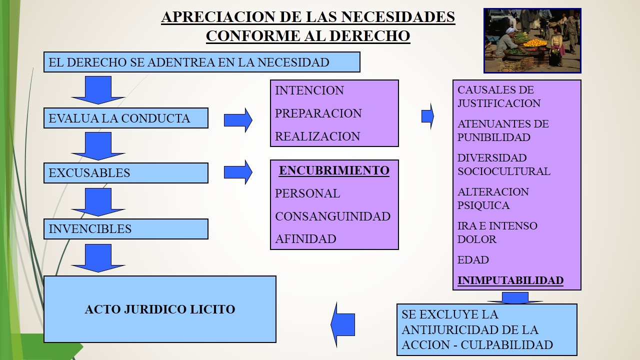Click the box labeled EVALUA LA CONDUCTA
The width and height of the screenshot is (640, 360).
pyautogui.click(x=125, y=118)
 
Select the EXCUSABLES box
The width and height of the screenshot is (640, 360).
pyautogui.click(x=125, y=173)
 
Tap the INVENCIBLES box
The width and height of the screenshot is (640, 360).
pyautogui.click(x=125, y=229)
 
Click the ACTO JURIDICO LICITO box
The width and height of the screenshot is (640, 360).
pyautogui.click(x=160, y=309)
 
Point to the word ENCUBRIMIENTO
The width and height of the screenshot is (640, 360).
pyautogui.click(x=334, y=170)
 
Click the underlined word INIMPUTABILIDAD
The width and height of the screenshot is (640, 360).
pyautogui.click(x=510, y=280)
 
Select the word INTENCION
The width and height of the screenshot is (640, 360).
pyautogui.click(x=309, y=90)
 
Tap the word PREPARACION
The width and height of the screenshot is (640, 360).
pyautogui.click(x=318, y=113)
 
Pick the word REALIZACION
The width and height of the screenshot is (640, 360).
pyautogui.click(x=317, y=136)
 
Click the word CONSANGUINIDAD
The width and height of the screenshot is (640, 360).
pyautogui.click(x=332, y=216)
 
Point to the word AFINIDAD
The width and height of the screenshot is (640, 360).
pyautogui.click(x=305, y=239)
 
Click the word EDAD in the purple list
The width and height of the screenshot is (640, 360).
pyautogui.click(x=473, y=260)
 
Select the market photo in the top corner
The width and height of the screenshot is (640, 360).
pyautogui.click(x=532, y=40)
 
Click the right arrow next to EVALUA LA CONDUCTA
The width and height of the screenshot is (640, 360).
pyautogui.click(x=238, y=120)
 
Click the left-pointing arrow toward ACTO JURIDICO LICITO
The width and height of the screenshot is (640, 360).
pyautogui.click(x=343, y=324)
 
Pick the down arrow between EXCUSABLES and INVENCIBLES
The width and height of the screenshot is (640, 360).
pyautogui.click(x=98, y=201)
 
